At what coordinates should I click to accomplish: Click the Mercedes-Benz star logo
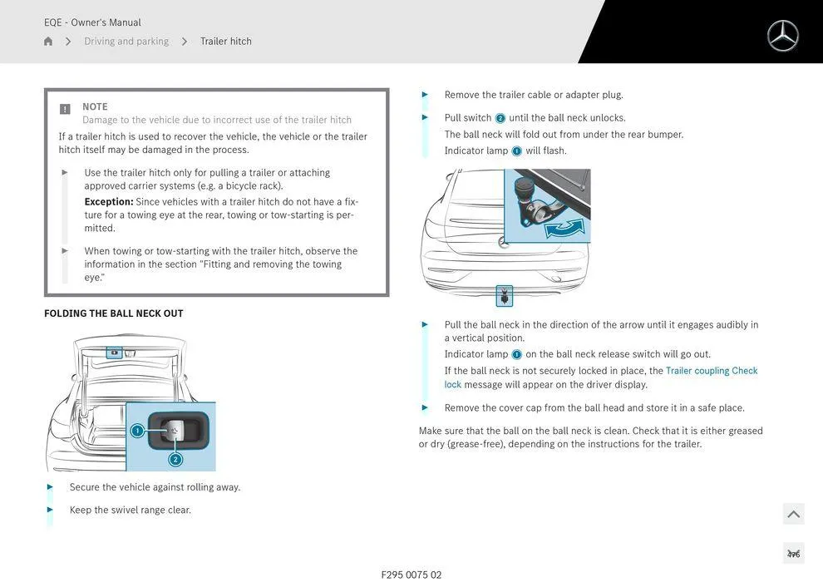click(782, 36)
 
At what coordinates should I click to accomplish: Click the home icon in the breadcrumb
click(48, 42)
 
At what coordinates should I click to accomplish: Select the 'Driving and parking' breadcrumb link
click(126, 42)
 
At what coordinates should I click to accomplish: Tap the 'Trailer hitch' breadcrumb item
click(225, 42)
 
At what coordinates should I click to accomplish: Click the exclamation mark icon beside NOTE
click(65, 109)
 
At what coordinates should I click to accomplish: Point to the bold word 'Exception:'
click(109, 202)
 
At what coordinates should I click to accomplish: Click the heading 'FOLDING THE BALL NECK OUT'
click(114, 313)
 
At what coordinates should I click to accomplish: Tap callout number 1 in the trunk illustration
click(137, 431)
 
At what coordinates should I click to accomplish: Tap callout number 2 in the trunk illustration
click(175, 460)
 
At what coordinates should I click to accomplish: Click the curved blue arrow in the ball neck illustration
click(564, 227)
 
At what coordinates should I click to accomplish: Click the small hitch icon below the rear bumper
click(504, 295)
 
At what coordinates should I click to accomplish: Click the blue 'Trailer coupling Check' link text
click(712, 371)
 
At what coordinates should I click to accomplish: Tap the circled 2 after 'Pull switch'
click(500, 118)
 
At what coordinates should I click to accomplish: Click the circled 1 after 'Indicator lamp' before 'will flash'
click(516, 151)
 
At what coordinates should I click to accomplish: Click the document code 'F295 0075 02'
click(411, 575)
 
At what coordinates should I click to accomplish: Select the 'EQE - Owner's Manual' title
click(92, 22)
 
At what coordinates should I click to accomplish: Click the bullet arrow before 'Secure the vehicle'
click(51, 487)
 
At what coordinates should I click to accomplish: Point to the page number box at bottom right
click(793, 554)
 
